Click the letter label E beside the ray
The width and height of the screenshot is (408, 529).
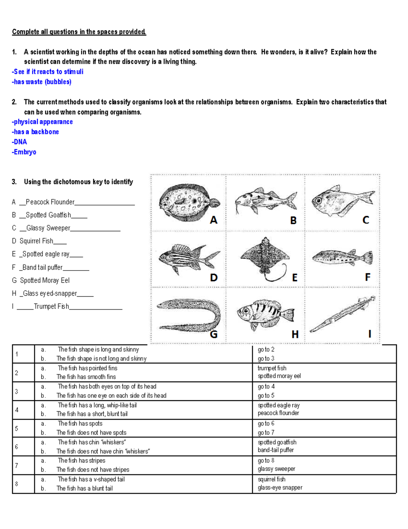pos(295,278)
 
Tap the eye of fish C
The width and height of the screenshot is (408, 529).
pos(319,201)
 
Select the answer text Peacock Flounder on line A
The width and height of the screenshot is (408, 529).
pos(50,202)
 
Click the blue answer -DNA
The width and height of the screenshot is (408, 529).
pos(19,142)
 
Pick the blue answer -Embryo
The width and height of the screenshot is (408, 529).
pos(24,152)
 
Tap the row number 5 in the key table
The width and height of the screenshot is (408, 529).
pos(16,428)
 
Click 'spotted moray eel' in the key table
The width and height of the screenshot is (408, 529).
pos(279,376)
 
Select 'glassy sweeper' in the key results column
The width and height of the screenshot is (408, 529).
pos(276,469)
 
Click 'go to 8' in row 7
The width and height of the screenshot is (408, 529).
pos(266,461)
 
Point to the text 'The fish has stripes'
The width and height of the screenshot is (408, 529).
pos(82,461)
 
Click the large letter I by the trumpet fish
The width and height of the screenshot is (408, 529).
pos(370,334)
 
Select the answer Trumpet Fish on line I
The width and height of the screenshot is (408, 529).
pos(51,306)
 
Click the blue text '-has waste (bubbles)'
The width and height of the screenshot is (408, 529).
pos(41,82)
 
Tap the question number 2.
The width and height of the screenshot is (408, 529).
pos(14,102)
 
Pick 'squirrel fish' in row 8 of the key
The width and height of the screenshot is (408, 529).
pos(271,479)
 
